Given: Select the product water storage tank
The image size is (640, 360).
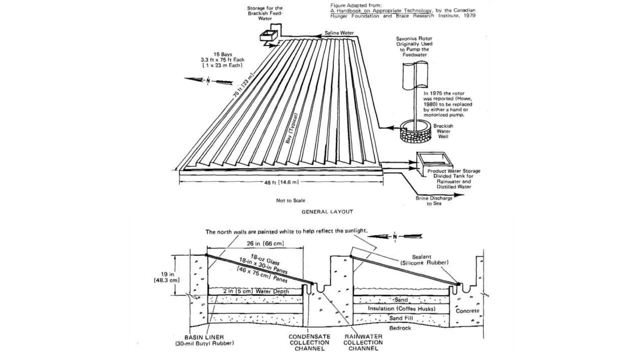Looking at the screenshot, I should click(434, 161).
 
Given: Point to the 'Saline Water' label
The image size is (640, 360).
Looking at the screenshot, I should click(339, 33).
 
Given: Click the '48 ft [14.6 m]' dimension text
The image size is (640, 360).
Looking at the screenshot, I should click(281, 182).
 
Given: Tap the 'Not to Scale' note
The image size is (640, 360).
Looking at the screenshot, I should click(290, 200).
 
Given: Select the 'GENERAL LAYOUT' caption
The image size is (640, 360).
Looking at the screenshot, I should click(327, 212).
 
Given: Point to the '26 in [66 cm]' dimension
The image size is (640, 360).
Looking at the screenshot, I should click(265, 243).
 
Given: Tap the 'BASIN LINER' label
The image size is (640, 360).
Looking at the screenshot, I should click(204, 337).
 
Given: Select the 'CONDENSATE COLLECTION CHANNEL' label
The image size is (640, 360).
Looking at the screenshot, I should click(309, 342).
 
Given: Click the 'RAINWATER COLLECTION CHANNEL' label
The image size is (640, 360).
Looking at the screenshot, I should click(363, 342).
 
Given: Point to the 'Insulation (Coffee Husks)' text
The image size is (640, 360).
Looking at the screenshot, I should click(401, 309).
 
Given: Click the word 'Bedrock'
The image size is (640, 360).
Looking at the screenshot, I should click(400, 328).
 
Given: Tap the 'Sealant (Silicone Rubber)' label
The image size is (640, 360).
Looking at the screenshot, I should click(424, 260).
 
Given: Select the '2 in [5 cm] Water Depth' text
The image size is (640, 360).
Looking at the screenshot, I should click(256, 291).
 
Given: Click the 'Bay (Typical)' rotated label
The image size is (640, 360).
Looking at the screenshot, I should click(292, 128).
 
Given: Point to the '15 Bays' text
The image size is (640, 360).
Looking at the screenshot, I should click(222, 54).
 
